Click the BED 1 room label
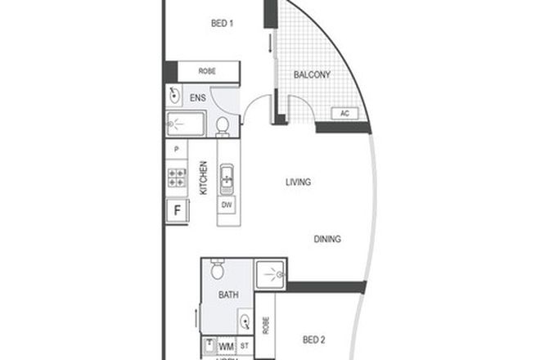pyautogui.click(x=223, y=23)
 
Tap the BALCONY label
pyautogui.click(x=312, y=75)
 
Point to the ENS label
pyautogui.click(x=198, y=98)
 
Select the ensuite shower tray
pyautogui.click(x=186, y=126)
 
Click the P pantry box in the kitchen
pyautogui.click(x=176, y=151)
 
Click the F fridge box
pyautogui.click(x=175, y=209)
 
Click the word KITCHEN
pyautogui.click(x=203, y=179)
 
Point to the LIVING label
pyautogui.click(x=298, y=182)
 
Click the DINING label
pyautogui.click(x=326, y=239)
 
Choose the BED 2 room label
pyautogui.click(x=315, y=340)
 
